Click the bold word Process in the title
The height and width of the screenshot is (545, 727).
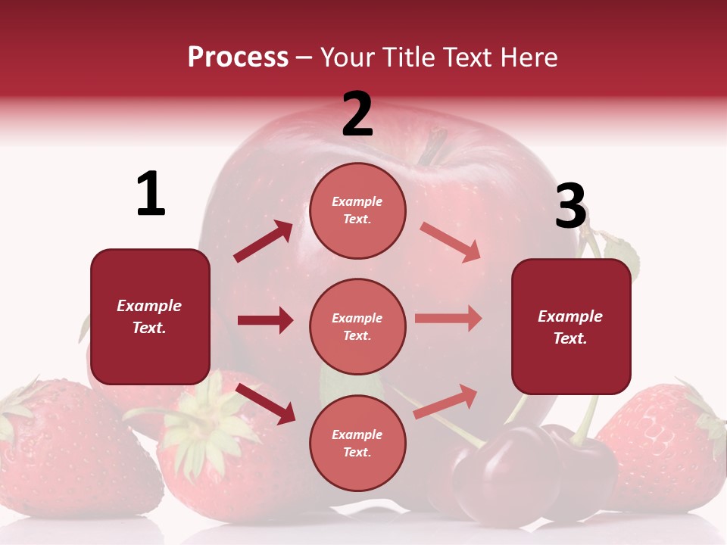coord(238,58)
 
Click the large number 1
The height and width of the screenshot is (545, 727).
coord(151,194)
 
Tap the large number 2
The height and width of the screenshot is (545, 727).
coord(357,114)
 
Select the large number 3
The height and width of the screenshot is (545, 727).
coord(570,206)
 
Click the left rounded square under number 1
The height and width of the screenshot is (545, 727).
coord(150,316)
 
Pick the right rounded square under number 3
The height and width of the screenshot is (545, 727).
coord(571,326)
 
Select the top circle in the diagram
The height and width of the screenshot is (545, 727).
coord(357,210)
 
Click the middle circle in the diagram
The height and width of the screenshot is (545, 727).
coord(357,326)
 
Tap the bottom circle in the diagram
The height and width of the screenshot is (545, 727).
coord(357,443)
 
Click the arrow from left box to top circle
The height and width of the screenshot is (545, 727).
coord(263,241)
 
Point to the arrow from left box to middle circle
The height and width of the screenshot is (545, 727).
coord(265,320)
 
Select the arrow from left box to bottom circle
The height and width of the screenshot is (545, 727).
coord(265,403)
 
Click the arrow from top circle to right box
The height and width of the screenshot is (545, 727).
coord(450,242)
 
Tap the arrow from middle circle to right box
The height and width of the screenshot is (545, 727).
coord(448,319)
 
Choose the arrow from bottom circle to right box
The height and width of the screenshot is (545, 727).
coord(445,401)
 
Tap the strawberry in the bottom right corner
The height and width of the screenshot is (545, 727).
coord(666,447)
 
